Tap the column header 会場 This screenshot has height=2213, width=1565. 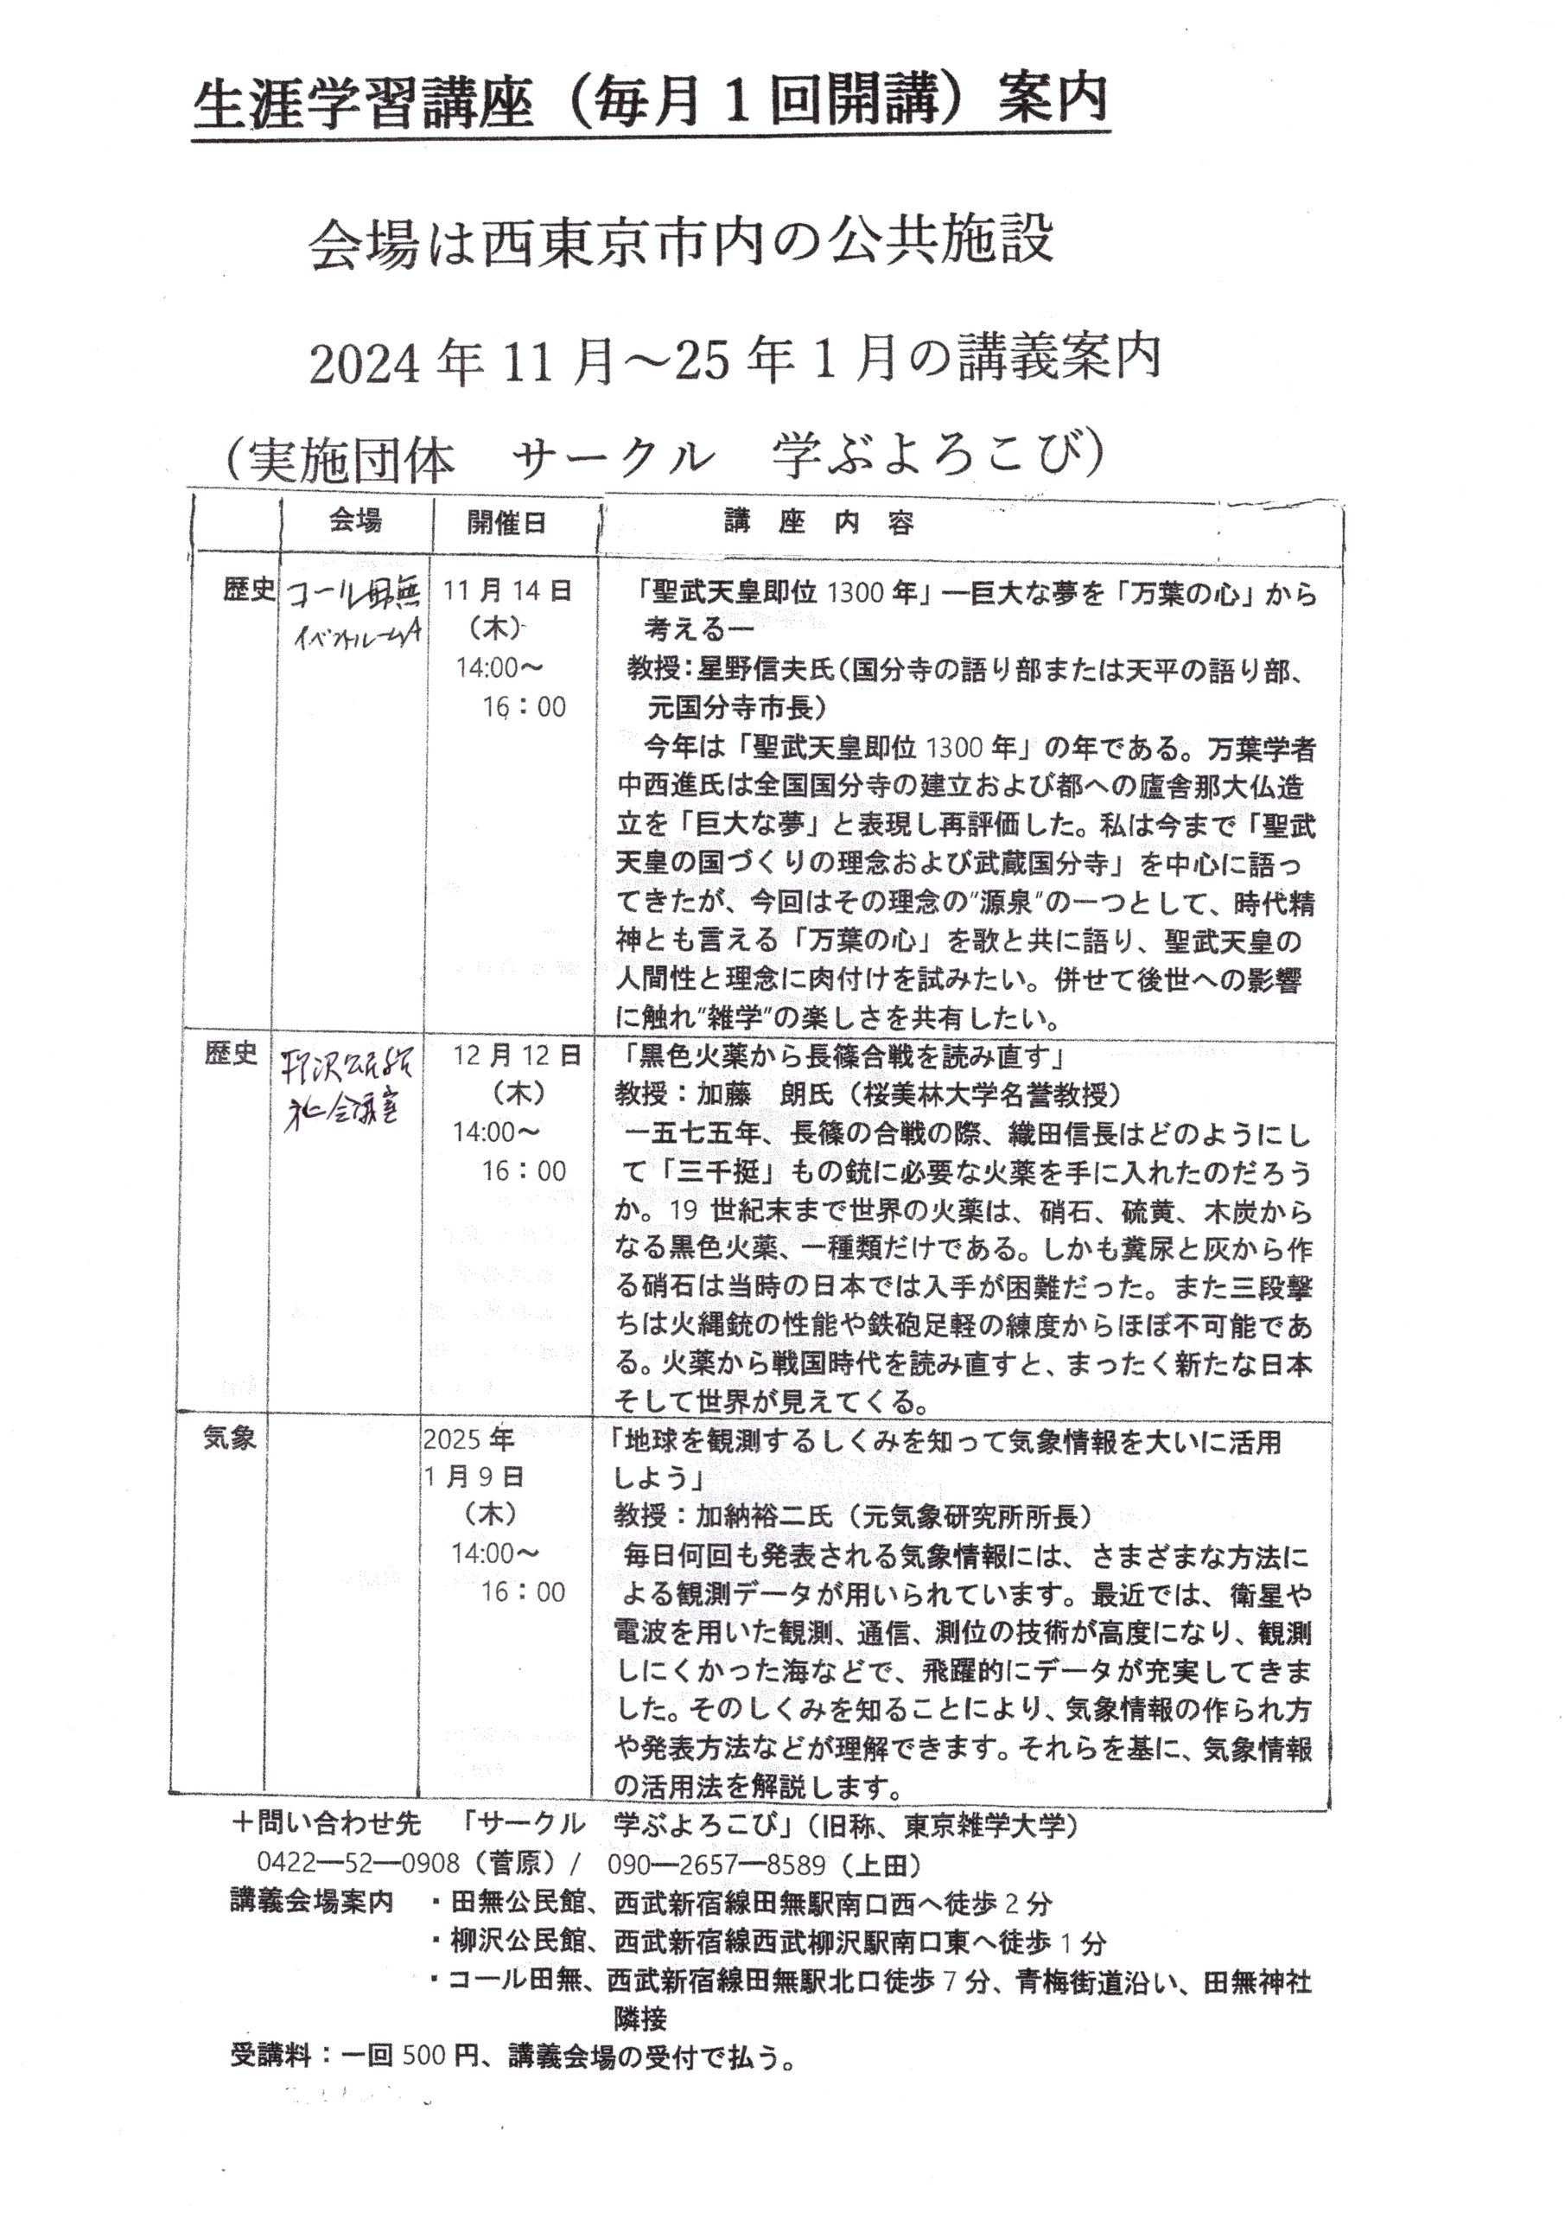point(354,521)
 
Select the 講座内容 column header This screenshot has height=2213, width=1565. point(818,523)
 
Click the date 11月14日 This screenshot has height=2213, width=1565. point(507,590)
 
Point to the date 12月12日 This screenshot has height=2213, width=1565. point(518,1056)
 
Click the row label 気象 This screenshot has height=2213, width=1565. point(229,1439)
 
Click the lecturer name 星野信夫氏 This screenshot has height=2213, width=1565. point(760,670)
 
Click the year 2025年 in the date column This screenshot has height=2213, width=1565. point(468,1439)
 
